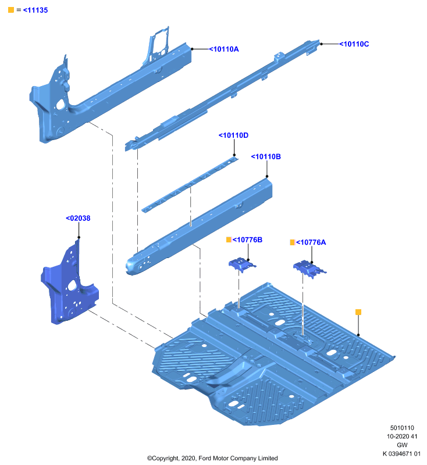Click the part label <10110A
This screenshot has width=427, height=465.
(224, 49)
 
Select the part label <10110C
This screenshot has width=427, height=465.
(354, 44)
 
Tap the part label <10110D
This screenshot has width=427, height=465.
(233, 135)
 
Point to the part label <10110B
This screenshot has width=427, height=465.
(266, 156)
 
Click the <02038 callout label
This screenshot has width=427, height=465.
(78, 219)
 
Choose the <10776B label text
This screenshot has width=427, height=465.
(247, 239)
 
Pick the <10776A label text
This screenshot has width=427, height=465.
(311, 242)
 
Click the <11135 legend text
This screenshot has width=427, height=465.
(35, 10)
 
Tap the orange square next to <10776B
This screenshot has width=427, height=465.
(229, 239)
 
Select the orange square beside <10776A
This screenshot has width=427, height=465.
(292, 242)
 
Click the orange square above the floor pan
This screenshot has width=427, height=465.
(358, 312)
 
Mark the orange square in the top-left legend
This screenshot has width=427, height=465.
(11, 10)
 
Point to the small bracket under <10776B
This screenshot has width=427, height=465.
(242, 264)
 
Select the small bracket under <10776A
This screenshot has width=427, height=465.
(309, 269)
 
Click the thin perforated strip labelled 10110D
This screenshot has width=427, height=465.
(190, 185)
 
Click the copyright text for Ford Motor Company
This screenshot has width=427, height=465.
(212, 458)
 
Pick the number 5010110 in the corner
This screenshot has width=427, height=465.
(402, 428)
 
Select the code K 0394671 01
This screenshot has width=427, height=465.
(401, 453)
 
